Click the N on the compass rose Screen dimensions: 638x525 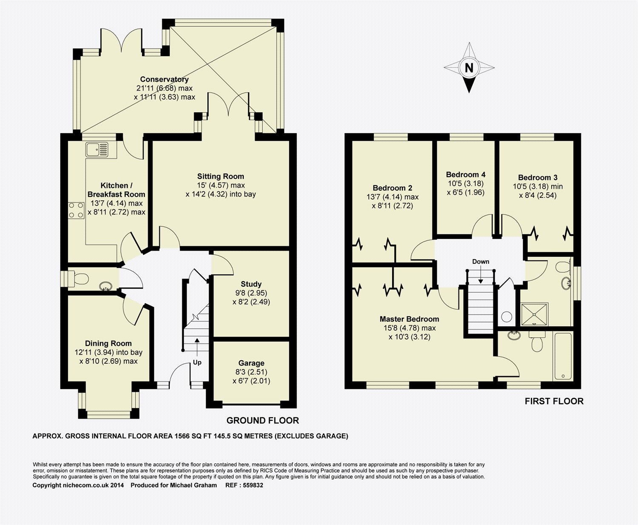pos(469,68)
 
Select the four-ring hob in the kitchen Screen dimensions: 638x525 pos(76,210)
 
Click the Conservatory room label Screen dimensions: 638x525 pos(164,79)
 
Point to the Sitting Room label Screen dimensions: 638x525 pos(220,177)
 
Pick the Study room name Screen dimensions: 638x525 pos(251,284)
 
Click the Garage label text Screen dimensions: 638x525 pos(251,363)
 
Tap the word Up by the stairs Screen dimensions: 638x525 pos(197,362)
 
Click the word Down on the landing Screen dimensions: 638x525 pos(481,262)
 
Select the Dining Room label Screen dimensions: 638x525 pos(108,343)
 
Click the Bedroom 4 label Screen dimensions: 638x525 pos(466,174)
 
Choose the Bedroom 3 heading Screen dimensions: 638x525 pos(538,177)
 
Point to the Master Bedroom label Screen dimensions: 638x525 pos(409,319)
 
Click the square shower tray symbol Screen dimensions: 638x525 pos(534,314)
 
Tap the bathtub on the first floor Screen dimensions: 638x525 pos(563,356)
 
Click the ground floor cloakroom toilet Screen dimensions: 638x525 pos(78,279)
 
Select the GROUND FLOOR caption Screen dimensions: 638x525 pos(262,421)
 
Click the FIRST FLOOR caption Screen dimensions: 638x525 pos(554,401)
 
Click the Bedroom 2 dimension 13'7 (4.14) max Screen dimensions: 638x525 pos(393,197)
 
